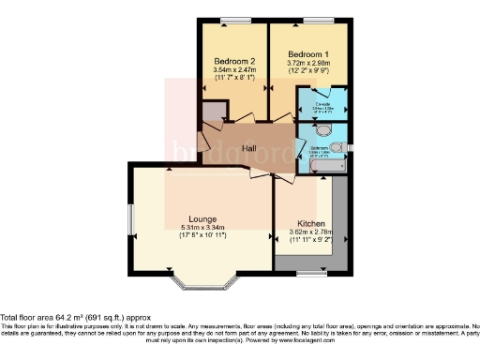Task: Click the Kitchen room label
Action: click(307, 224)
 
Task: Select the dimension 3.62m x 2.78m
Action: click(307, 233)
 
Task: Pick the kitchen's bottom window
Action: click(306, 273)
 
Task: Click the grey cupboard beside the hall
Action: click(214, 113)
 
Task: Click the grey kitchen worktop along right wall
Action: click(340, 220)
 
